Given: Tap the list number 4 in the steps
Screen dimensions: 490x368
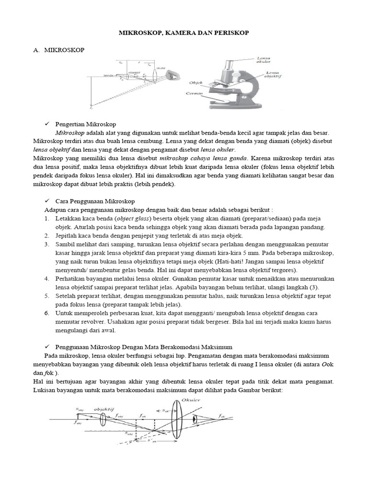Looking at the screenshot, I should [47, 278].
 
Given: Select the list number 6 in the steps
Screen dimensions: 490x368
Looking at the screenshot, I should [47, 313].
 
